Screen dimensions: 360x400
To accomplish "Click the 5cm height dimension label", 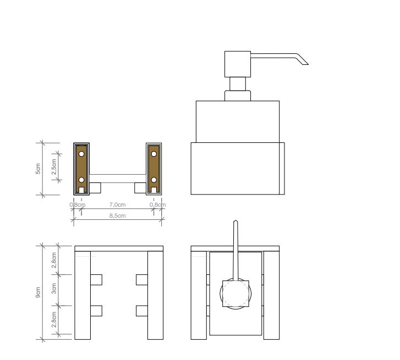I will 38,169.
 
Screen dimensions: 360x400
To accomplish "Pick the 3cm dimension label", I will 53,289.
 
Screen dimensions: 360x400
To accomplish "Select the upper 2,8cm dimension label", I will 53,259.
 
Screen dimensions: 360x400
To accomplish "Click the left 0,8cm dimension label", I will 77,205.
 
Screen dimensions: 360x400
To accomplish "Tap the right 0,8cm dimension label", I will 157,205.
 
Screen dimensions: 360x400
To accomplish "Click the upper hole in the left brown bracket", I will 81,153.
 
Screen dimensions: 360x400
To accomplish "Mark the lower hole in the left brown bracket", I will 81,180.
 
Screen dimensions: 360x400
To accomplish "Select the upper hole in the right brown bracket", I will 154,153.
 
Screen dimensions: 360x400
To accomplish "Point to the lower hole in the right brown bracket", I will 154,180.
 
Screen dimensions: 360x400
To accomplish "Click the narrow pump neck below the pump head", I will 238,84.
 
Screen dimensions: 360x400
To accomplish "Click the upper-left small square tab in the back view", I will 96,280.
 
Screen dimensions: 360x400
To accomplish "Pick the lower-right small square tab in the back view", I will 142,311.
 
